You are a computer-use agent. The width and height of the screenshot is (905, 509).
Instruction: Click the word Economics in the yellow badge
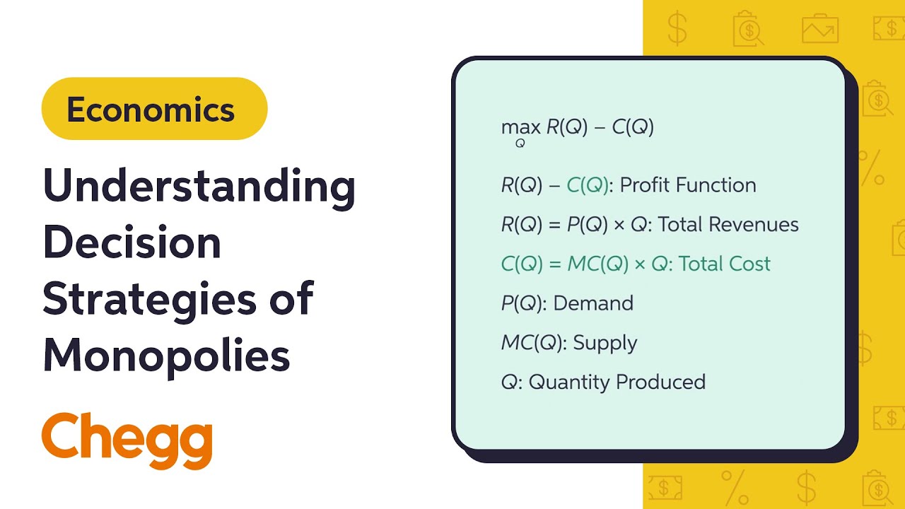151,110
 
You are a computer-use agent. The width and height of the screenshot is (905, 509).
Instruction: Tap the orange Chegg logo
127,440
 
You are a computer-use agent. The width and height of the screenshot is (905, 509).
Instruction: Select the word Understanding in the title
199,186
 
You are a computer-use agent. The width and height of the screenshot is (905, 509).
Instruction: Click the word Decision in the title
132,242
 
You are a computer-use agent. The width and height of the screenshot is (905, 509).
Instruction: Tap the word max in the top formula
520,128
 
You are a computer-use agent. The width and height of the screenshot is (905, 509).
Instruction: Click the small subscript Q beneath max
520,144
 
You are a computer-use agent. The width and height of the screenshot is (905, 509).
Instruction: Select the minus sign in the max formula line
600,127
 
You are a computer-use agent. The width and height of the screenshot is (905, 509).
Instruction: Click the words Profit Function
688,185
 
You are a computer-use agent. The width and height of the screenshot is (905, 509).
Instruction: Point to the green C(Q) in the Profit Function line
588,185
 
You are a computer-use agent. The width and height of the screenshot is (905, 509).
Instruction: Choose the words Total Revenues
728,225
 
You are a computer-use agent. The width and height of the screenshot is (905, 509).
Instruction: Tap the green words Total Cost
725,264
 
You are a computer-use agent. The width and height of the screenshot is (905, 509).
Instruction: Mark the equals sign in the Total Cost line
554,264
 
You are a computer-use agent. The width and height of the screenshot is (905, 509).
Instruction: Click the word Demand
593,303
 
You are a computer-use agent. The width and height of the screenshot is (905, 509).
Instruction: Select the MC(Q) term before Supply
531,343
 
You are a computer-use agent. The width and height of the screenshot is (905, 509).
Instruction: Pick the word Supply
605,343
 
